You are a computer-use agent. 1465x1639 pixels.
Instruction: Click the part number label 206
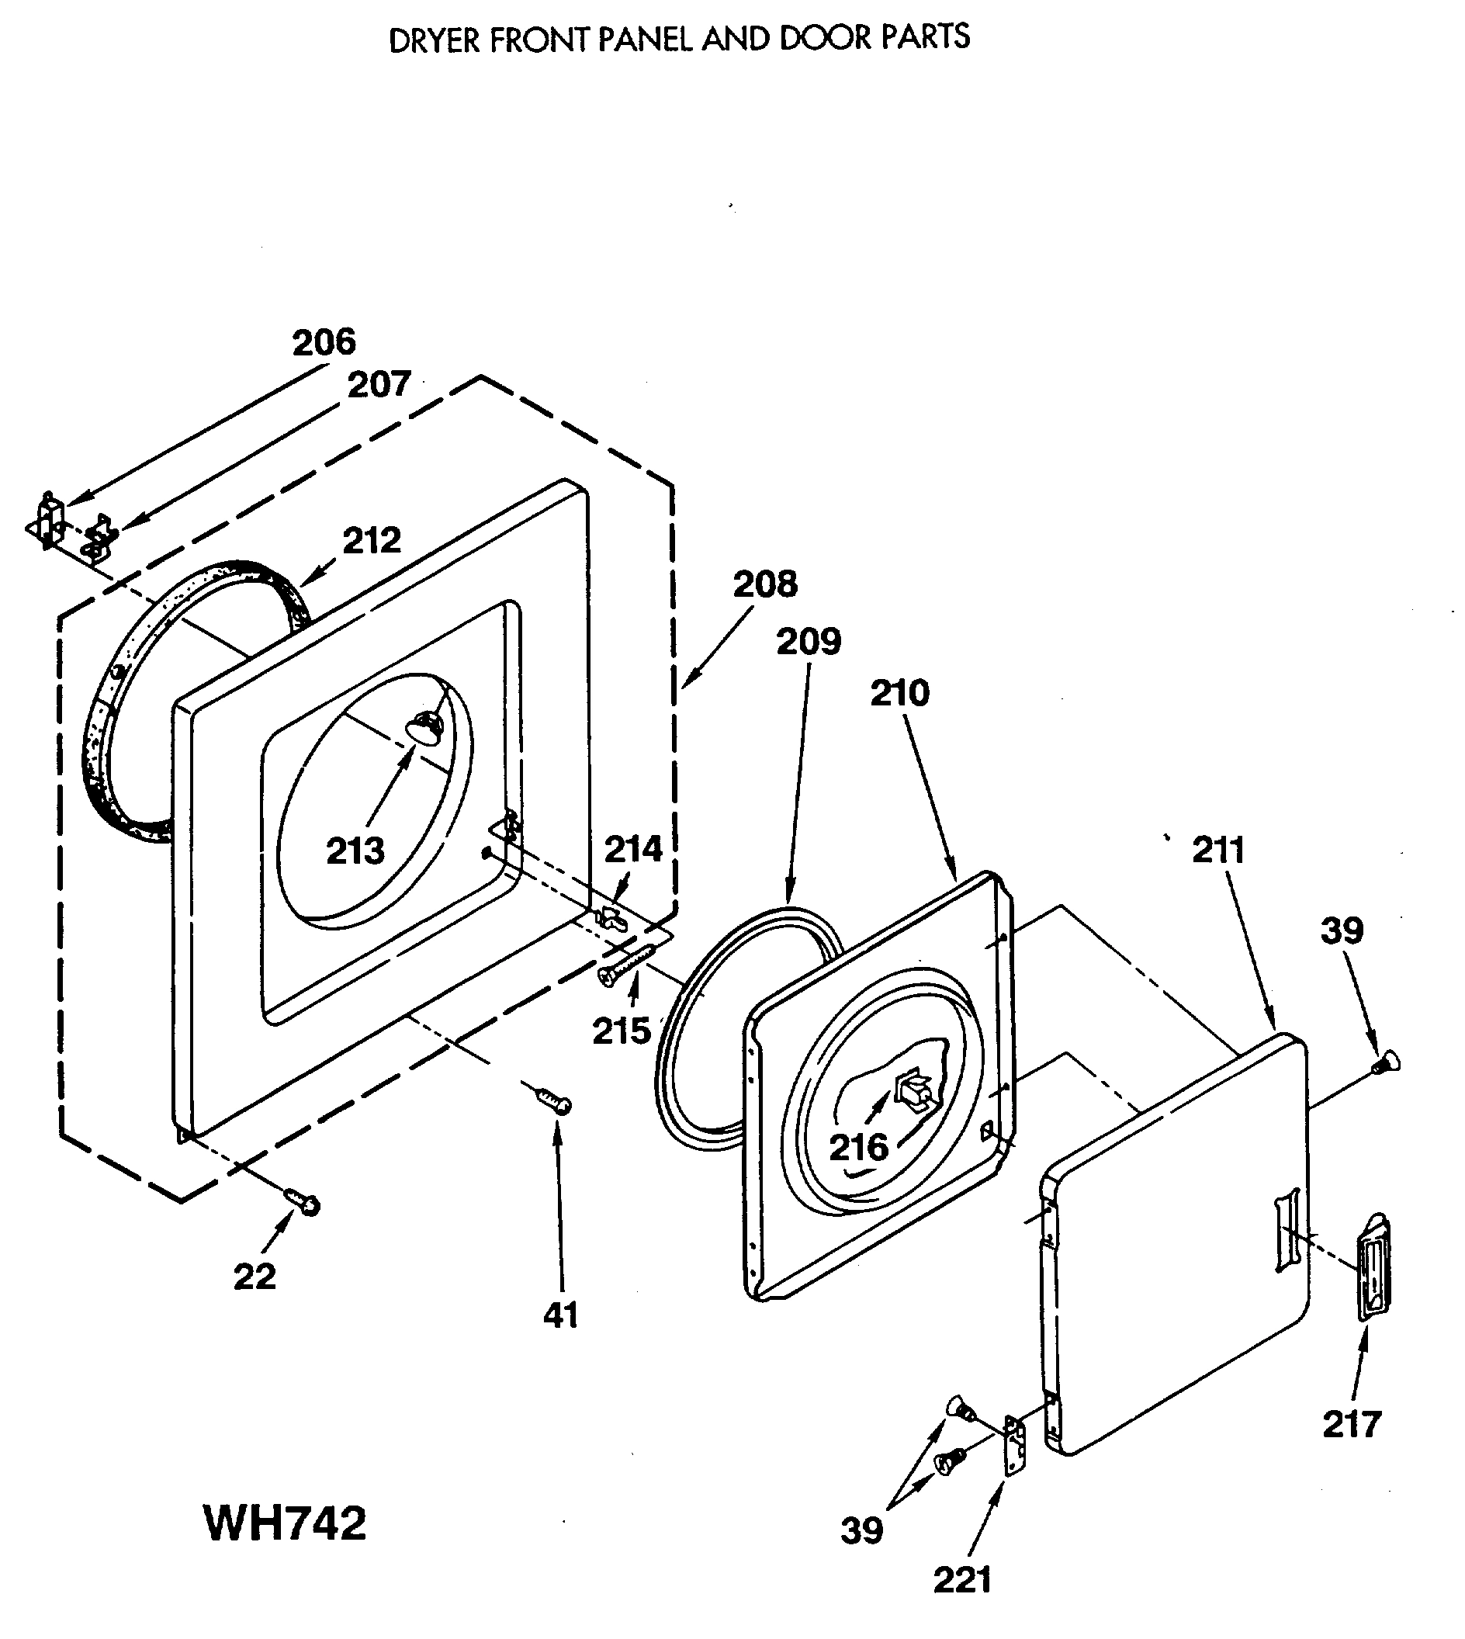coord(324,343)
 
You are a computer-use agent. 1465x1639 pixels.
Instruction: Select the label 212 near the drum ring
coord(372,540)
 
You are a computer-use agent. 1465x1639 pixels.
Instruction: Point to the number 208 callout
coord(764,584)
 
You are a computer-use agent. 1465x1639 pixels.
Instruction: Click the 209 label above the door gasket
coord(809,642)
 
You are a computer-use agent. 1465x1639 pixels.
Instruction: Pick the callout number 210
coord(899,693)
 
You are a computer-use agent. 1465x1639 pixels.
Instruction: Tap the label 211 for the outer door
coord(1218,850)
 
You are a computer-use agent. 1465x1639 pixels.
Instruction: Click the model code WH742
coord(286,1524)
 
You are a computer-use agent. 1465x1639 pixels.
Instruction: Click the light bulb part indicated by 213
coord(425,727)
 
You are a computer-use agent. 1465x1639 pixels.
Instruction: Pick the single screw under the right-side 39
coord(1386,1064)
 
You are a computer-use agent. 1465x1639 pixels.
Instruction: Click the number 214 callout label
coord(633,849)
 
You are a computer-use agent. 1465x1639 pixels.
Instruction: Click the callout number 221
coord(962,1580)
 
